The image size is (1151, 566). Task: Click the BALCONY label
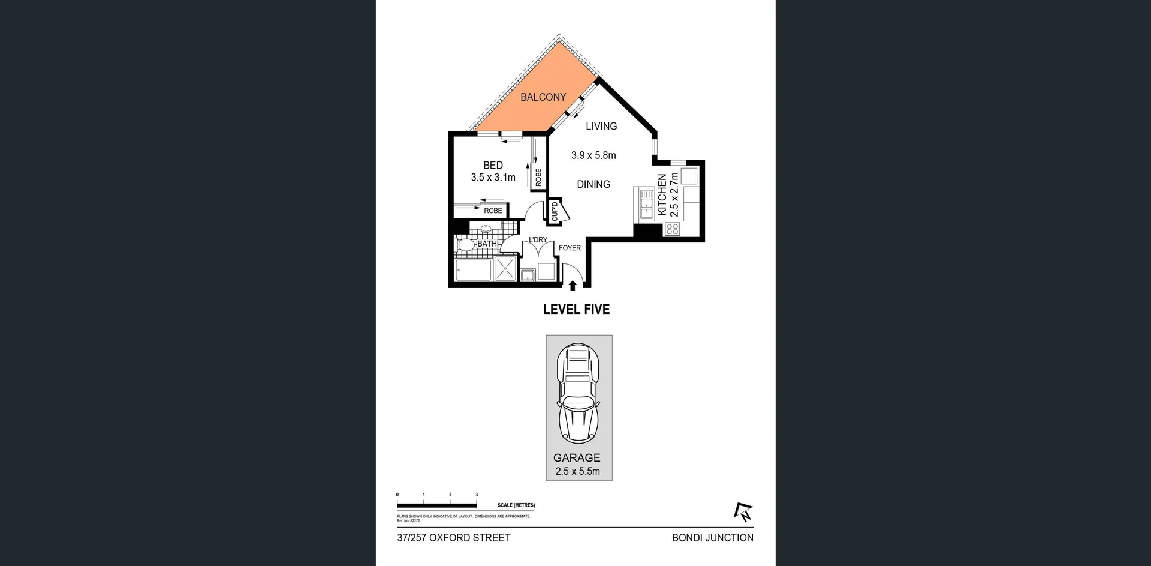click(543, 97)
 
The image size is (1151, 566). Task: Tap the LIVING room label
click(601, 126)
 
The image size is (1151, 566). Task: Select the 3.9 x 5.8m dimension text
click(593, 155)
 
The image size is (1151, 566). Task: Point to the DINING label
click(593, 184)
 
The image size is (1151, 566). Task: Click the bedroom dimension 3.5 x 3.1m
click(493, 178)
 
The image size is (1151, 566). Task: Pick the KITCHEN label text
click(662, 194)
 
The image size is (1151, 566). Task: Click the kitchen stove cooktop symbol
click(672, 229)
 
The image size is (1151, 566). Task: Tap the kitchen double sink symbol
click(646, 205)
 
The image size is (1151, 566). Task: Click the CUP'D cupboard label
click(555, 211)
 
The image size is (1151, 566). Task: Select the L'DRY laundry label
click(538, 239)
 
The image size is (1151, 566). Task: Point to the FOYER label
click(570, 248)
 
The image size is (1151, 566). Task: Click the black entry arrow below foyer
click(573, 286)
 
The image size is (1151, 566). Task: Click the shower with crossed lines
click(505, 269)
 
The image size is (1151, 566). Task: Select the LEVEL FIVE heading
click(576, 309)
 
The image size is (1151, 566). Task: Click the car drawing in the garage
click(578, 393)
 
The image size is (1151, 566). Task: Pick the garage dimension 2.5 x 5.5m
click(577, 471)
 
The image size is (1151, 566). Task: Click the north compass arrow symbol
click(743, 511)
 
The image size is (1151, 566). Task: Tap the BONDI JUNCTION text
click(712, 538)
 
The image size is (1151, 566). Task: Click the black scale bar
click(436, 505)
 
